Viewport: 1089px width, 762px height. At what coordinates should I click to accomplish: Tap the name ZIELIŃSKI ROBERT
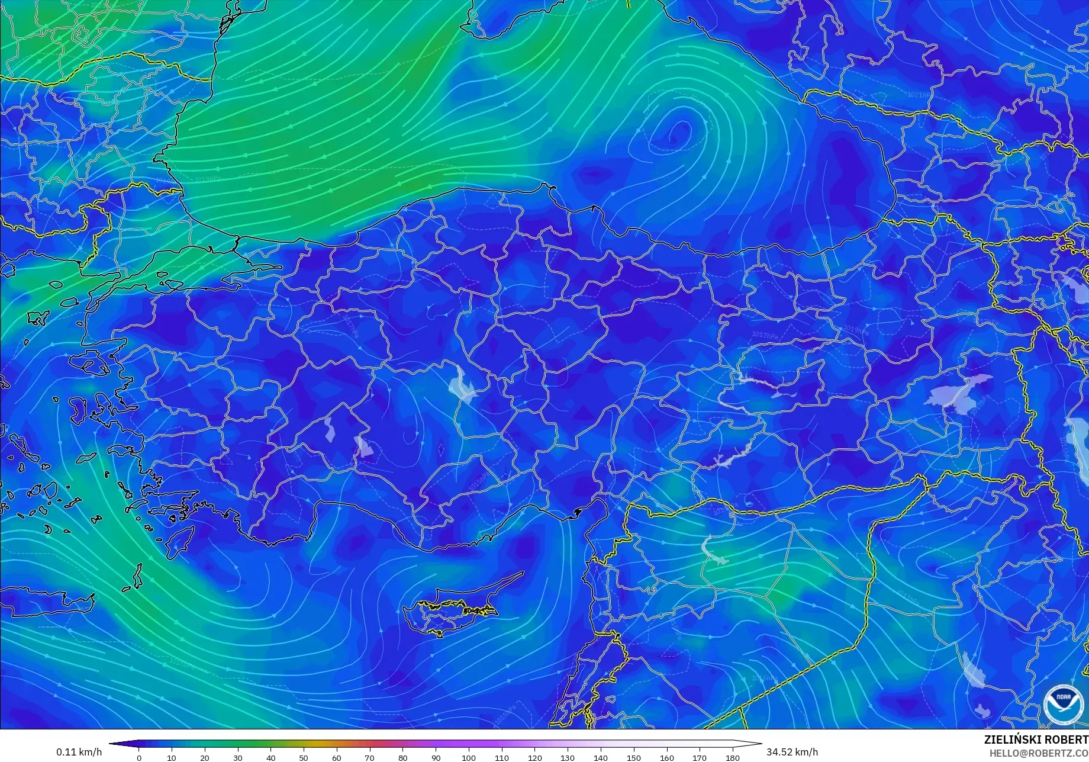click(x=1036, y=740)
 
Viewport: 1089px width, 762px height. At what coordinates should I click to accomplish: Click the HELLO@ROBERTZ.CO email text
click(x=1039, y=753)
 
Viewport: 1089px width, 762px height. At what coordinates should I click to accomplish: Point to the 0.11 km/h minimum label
click(x=79, y=752)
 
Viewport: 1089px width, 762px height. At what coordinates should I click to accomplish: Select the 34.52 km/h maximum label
click(x=792, y=752)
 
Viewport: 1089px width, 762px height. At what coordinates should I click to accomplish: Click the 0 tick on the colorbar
click(x=139, y=757)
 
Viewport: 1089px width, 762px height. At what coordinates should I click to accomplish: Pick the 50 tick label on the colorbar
click(x=304, y=757)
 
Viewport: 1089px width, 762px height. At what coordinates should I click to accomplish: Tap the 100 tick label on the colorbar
click(x=469, y=757)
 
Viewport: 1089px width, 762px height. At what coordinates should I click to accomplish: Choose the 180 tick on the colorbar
click(x=733, y=757)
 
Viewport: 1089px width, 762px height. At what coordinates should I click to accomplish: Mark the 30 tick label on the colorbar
click(x=238, y=757)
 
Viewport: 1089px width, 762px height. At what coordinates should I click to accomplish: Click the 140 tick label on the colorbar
click(x=601, y=757)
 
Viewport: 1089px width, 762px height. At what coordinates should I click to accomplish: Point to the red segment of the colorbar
click(x=373, y=744)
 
